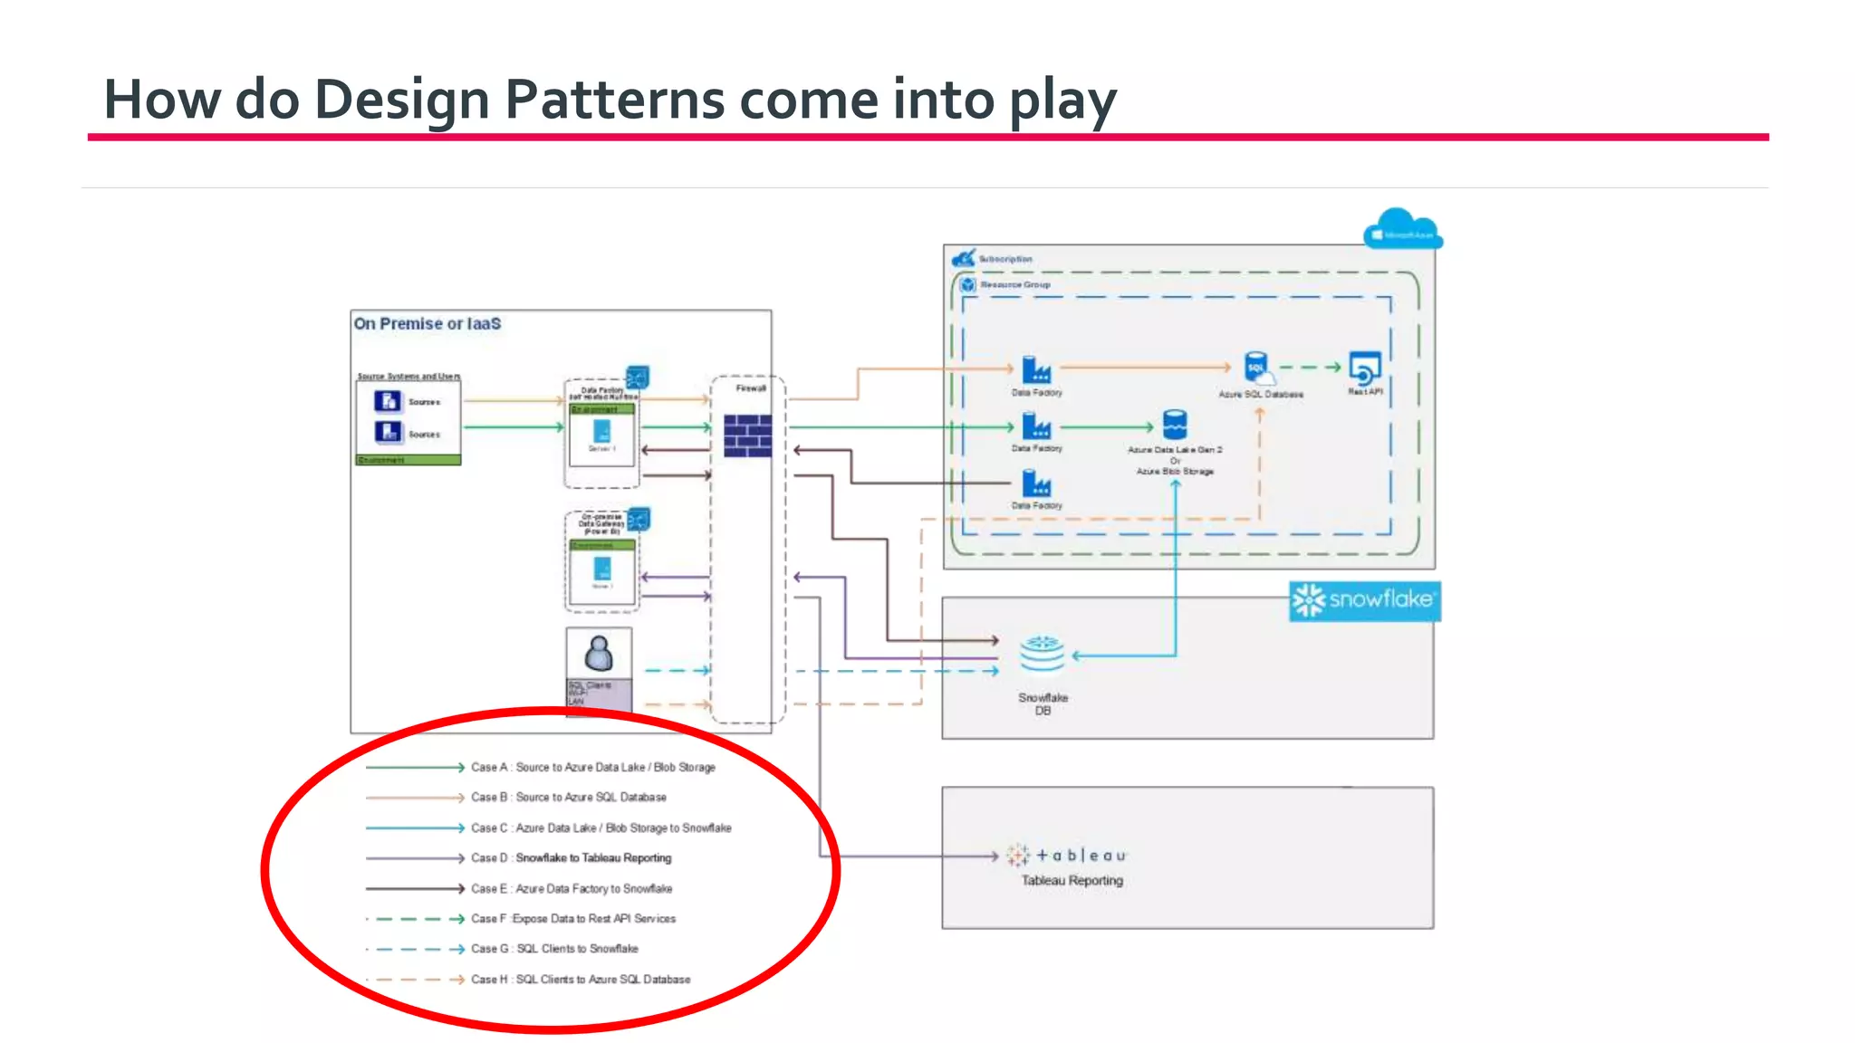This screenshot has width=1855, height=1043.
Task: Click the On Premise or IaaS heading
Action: click(x=427, y=323)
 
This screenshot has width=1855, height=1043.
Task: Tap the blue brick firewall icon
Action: click(x=748, y=435)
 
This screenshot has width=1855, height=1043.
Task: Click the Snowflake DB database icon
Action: click(x=1042, y=655)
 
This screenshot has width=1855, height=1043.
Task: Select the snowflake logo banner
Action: click(x=1364, y=600)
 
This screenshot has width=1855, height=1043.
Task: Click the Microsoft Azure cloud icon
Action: click(x=1401, y=229)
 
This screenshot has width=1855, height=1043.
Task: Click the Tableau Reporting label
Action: click(x=1072, y=880)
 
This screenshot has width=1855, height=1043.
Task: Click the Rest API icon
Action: click(x=1364, y=368)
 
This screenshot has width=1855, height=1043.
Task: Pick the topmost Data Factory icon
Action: click(x=1036, y=369)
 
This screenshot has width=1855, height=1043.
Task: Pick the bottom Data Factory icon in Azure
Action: click(x=1036, y=483)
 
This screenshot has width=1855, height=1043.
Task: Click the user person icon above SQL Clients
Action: click(x=599, y=653)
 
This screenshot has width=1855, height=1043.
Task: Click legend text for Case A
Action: click(x=592, y=767)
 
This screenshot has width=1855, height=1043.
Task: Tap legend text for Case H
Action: click(x=580, y=979)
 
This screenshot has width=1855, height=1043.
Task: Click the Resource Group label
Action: click(x=1014, y=284)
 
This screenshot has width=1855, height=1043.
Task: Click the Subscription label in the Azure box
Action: click(x=1004, y=259)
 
